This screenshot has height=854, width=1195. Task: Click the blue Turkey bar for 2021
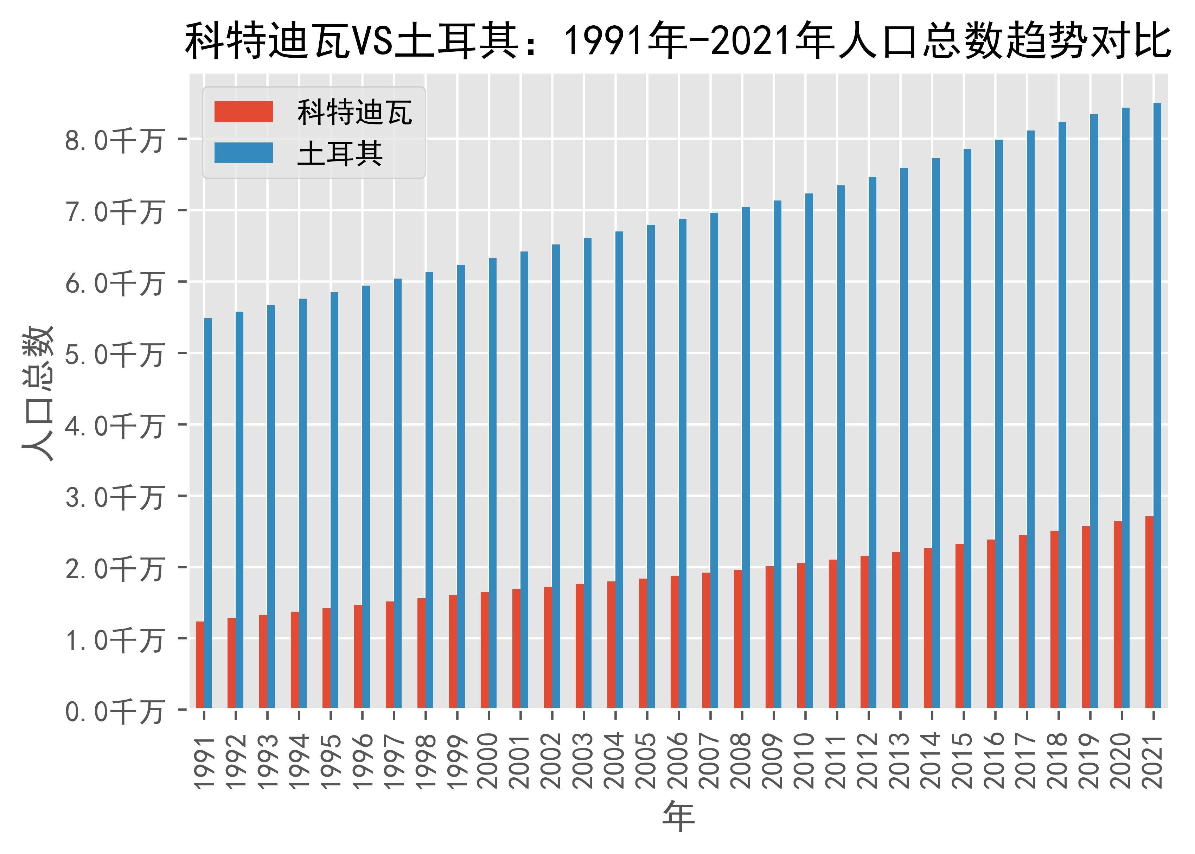pyautogui.click(x=1157, y=405)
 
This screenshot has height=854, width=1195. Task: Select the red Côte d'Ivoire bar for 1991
pyautogui.click(x=200, y=665)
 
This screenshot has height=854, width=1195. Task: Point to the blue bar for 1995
pyautogui.click(x=334, y=499)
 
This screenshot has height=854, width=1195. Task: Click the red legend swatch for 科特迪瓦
pyautogui.click(x=243, y=112)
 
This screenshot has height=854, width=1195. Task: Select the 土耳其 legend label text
pyautogui.click(x=340, y=154)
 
